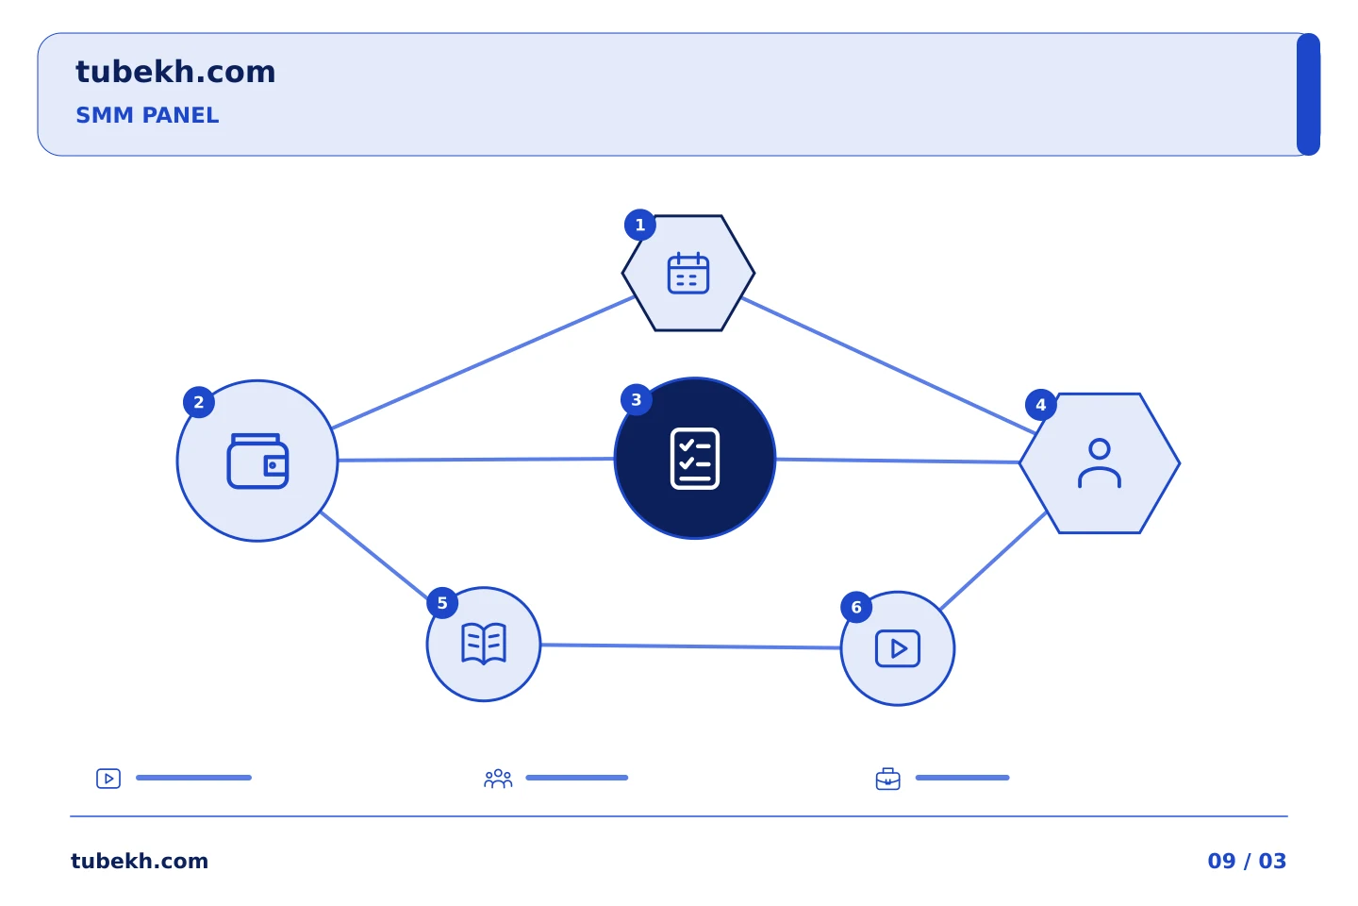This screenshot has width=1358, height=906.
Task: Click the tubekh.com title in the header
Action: (x=175, y=72)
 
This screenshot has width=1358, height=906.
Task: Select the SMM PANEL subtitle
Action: (x=147, y=115)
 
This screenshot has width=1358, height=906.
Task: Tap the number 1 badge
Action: (x=639, y=226)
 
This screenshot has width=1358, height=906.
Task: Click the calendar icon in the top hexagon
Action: (x=688, y=273)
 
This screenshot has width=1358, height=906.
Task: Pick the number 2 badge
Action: (x=199, y=402)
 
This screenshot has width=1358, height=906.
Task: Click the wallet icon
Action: (x=257, y=461)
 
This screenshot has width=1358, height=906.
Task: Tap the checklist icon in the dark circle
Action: (x=695, y=458)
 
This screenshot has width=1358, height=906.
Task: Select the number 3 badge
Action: (x=637, y=400)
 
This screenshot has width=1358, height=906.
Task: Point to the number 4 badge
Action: (x=1041, y=405)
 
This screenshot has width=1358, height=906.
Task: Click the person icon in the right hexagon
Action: (x=1100, y=463)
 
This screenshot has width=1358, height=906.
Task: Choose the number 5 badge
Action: (x=442, y=603)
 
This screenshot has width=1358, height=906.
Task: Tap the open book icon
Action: (x=484, y=644)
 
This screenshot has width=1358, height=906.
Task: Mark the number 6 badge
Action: (x=856, y=608)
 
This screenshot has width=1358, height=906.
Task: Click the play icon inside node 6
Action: (x=898, y=648)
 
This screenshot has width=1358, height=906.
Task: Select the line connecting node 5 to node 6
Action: (x=690, y=646)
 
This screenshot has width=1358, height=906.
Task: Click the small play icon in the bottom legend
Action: (x=108, y=779)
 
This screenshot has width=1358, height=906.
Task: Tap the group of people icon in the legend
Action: (x=498, y=779)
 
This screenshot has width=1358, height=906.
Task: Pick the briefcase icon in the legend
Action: (x=888, y=779)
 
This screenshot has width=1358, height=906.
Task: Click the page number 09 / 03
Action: (x=1247, y=861)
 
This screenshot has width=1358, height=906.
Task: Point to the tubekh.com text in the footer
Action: (x=140, y=861)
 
